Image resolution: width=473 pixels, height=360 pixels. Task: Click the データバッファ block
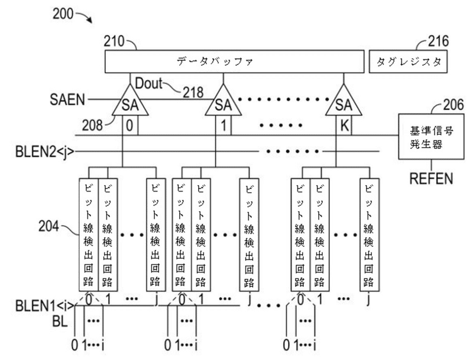(234, 61)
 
